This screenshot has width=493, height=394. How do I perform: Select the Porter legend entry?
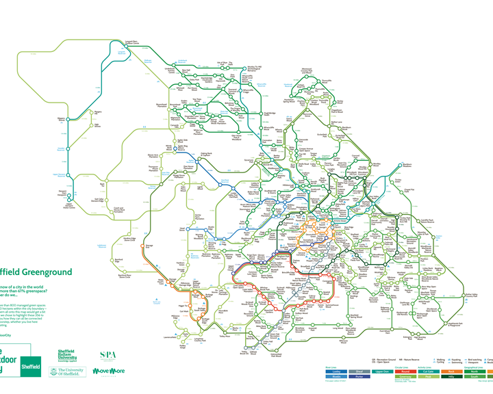point(360,376)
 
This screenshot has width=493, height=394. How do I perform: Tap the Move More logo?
point(108,371)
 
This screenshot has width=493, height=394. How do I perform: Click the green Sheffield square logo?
point(30,367)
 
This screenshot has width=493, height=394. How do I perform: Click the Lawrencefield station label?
point(172,337)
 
